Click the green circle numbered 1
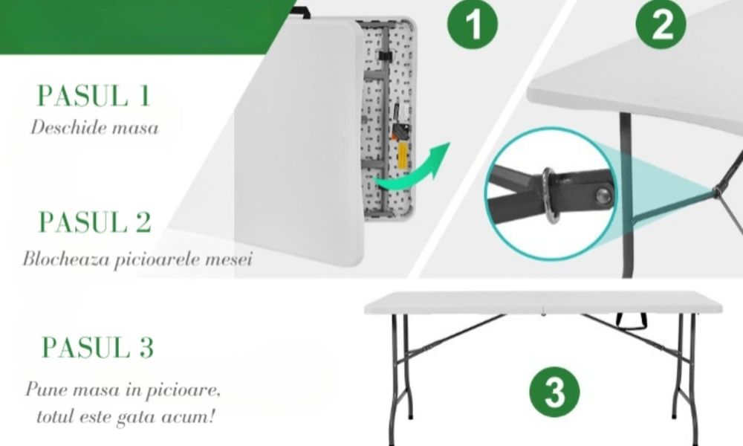click(x=473, y=23)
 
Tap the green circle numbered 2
click(x=661, y=23)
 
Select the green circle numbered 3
click(x=554, y=392)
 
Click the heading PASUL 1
click(x=94, y=95)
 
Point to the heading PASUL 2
click(x=95, y=222)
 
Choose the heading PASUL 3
click(x=97, y=347)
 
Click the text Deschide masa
click(x=95, y=128)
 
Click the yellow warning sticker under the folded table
click(x=402, y=152)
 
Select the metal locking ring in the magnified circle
click(x=550, y=194)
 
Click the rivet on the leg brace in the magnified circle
click(x=603, y=195)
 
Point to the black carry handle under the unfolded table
click(x=631, y=323)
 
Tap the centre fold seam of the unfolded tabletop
click(x=544, y=303)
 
